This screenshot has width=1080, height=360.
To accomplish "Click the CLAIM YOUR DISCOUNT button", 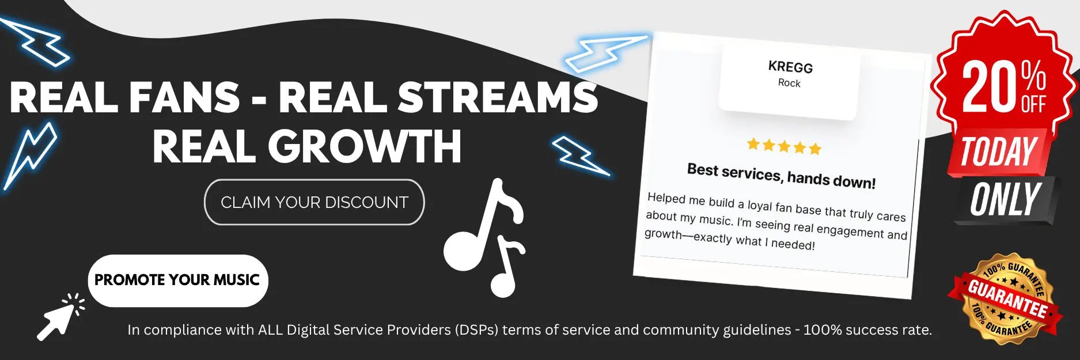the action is click(314, 202).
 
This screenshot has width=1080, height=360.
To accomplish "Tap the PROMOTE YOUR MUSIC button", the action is click(178, 281).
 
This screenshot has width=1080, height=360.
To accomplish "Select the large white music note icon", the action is click(484, 237).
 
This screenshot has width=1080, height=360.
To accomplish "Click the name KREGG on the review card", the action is click(790, 67).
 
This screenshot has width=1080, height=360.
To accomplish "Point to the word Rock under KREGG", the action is click(789, 83).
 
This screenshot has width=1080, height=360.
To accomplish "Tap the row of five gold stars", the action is click(784, 146).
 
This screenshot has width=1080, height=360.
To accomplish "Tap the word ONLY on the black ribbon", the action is click(1005, 200).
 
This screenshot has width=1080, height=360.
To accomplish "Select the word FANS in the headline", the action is click(184, 97).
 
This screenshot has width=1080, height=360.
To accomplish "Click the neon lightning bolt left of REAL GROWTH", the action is click(30, 156).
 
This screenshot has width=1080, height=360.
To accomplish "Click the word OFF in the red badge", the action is click(1033, 104).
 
